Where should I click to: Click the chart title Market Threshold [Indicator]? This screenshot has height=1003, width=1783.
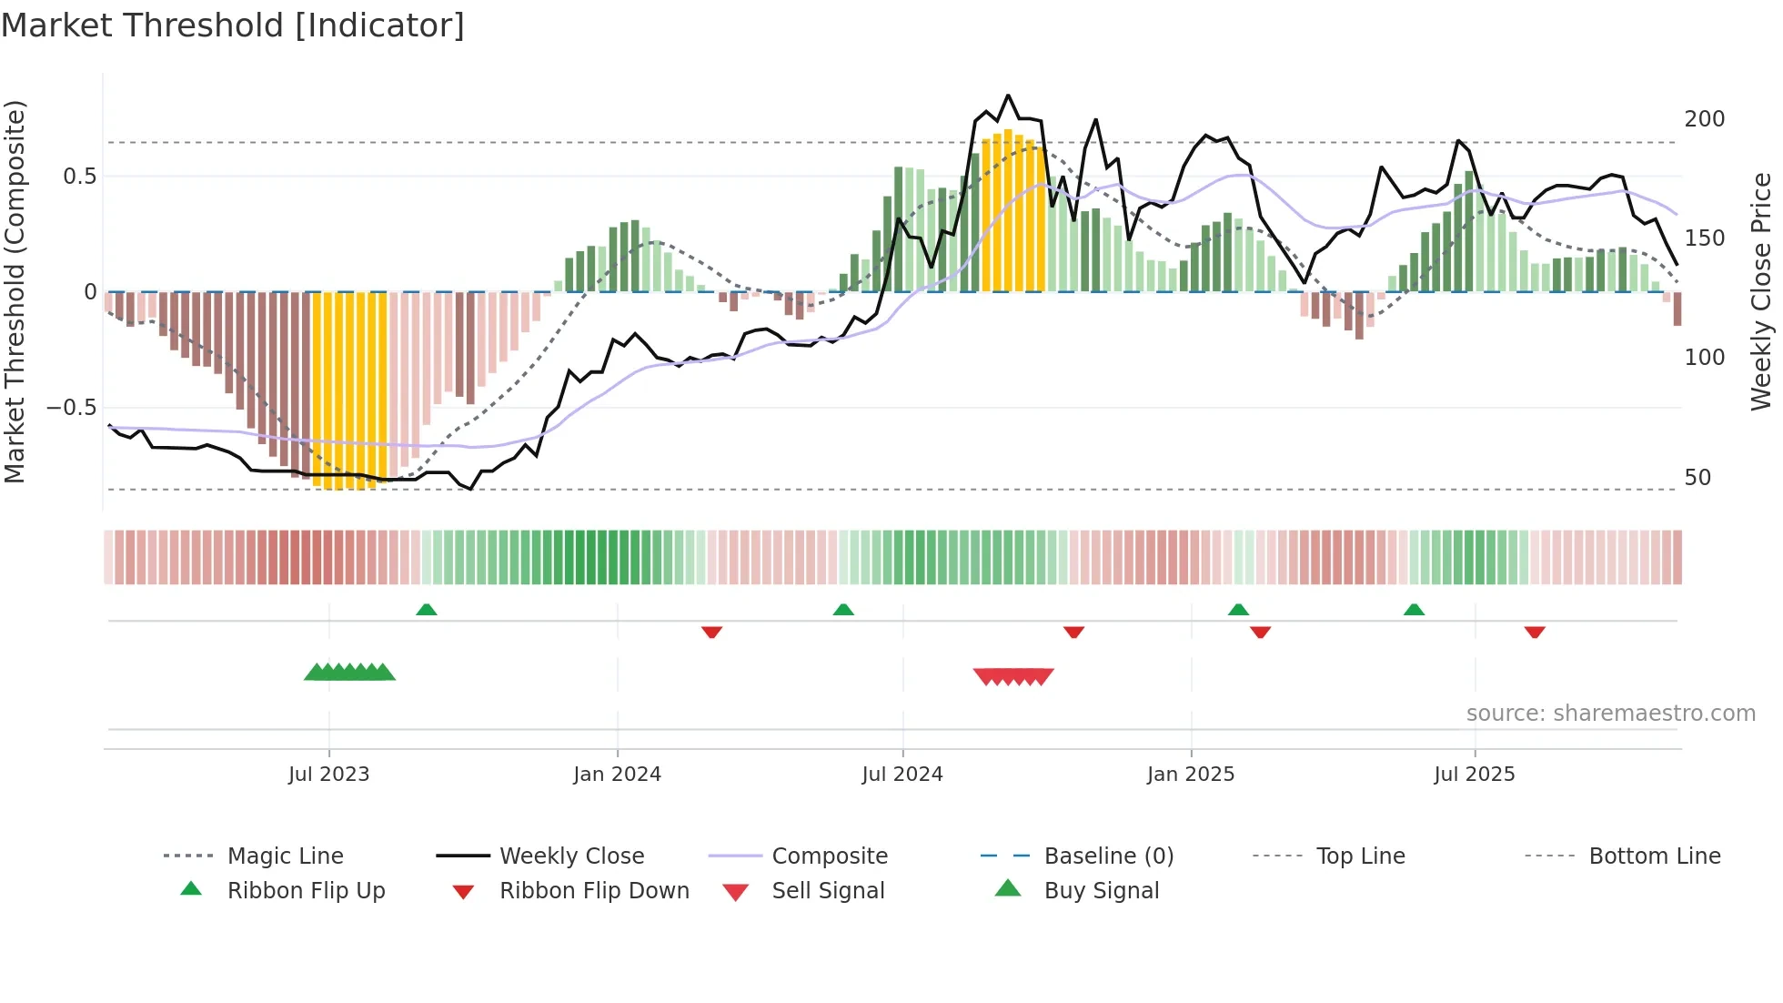pyautogui.click(x=233, y=25)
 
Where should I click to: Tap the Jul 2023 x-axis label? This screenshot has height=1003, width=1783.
pyautogui.click(x=328, y=775)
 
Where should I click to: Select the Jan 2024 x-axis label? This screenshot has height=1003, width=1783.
pyautogui.click(x=617, y=775)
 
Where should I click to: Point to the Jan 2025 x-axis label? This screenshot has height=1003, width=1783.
pyautogui.click(x=1190, y=775)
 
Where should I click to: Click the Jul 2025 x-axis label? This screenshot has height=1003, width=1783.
pyautogui.click(x=1474, y=775)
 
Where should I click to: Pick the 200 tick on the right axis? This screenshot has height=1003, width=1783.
pyautogui.click(x=1704, y=119)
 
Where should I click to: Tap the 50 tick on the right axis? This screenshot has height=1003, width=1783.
pyautogui.click(x=1697, y=478)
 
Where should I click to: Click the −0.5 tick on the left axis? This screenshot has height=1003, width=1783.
pyautogui.click(x=71, y=407)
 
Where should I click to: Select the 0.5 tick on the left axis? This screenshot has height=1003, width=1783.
pyautogui.click(x=79, y=177)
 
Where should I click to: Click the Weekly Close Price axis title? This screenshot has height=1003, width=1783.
pyautogui.click(x=1761, y=291)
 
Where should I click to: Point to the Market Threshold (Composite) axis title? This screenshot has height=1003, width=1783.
pyautogui.click(x=15, y=291)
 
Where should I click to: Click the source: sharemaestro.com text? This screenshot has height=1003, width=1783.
pyautogui.click(x=1610, y=714)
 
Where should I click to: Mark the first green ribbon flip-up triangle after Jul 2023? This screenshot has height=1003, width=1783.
pyautogui.click(x=427, y=610)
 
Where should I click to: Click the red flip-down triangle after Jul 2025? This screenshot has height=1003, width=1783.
pyautogui.click(x=1535, y=632)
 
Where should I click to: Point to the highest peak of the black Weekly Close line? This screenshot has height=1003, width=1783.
pyautogui.click(x=1008, y=96)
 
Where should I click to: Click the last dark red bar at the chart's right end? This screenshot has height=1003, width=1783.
pyautogui.click(x=1677, y=309)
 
